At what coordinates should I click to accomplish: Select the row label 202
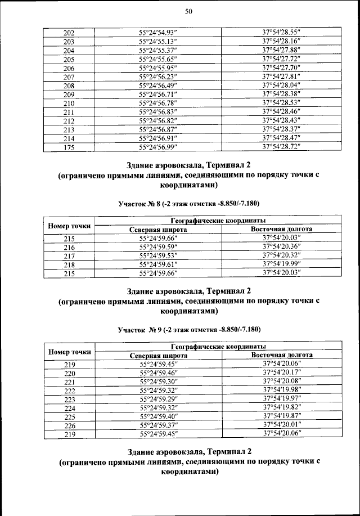point(69,33)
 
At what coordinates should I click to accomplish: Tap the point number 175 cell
point(69,147)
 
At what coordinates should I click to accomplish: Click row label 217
point(69,256)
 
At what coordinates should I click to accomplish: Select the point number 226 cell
point(69,425)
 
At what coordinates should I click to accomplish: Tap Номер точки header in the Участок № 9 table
point(69,351)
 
